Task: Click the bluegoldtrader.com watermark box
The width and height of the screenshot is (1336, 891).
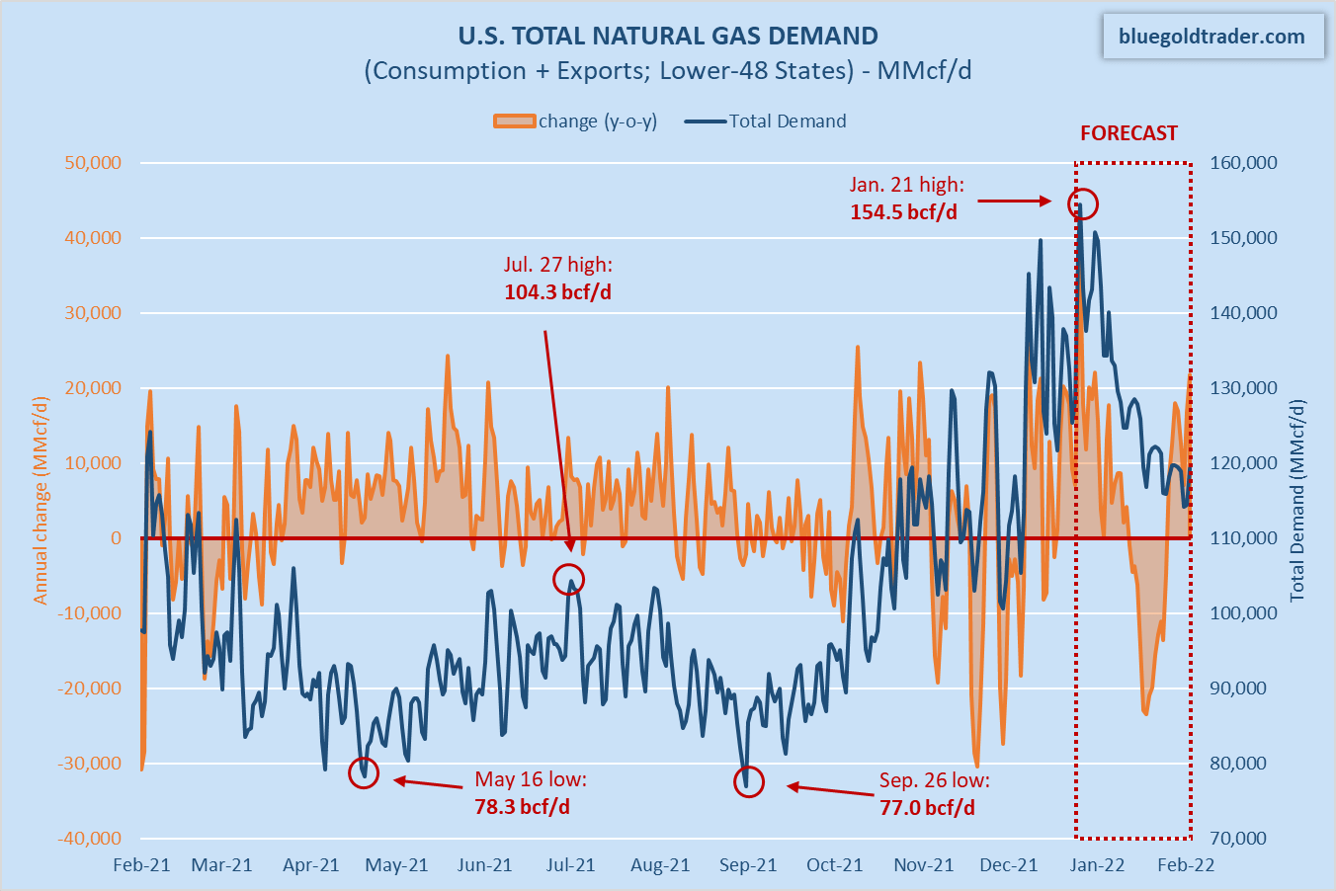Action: (1211, 37)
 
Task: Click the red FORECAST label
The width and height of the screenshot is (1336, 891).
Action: (1128, 133)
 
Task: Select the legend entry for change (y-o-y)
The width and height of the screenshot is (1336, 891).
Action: (575, 121)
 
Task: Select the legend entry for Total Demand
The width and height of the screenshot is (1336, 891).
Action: (767, 121)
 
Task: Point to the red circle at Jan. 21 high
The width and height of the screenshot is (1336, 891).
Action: (1083, 203)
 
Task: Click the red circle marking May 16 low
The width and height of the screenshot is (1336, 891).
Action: (364, 773)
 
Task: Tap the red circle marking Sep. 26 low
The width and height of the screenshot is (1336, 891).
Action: (749, 782)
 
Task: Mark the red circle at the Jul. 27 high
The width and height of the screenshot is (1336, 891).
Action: (569, 580)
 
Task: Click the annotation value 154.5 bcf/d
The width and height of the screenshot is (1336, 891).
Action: (903, 212)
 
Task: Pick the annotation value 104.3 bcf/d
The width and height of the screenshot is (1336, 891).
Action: (557, 292)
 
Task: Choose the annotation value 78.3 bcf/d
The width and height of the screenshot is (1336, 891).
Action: (522, 807)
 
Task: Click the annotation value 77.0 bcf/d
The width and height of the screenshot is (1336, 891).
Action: (927, 808)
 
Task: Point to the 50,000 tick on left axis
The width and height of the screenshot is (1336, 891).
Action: (93, 163)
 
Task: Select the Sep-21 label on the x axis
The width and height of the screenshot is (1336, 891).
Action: (748, 865)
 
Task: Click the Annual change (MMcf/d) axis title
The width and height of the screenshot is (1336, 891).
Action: (41, 500)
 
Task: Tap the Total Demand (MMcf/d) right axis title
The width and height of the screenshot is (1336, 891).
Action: (1297, 500)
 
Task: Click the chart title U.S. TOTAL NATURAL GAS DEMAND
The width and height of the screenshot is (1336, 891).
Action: (668, 37)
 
